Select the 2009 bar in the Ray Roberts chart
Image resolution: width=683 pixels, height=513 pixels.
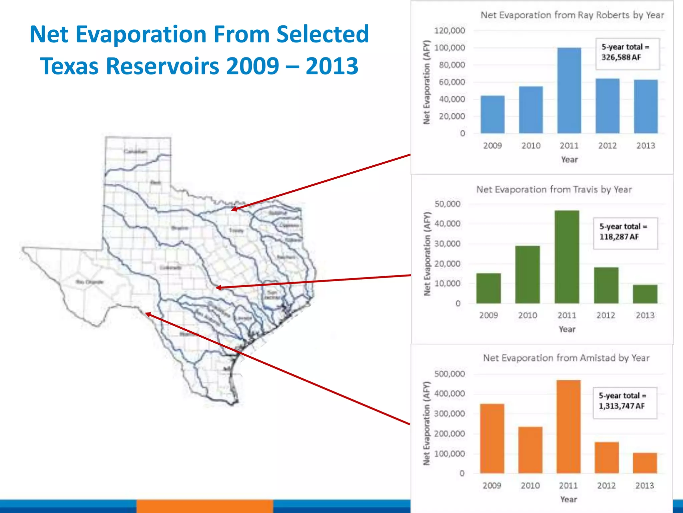coord(492,115)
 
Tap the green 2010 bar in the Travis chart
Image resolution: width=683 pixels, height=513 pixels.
coord(527,275)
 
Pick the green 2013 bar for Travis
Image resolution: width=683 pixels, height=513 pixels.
coord(645,294)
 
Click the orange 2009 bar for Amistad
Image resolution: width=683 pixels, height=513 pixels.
coord(492,438)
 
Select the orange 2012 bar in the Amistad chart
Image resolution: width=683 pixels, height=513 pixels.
coord(606,458)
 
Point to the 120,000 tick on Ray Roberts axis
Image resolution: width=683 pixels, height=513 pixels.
coord(449,31)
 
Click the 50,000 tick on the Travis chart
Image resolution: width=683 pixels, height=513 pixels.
coord(447,204)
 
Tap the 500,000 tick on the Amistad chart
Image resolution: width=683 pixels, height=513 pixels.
coord(449,374)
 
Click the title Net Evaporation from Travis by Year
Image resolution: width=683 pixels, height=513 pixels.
coord(554,189)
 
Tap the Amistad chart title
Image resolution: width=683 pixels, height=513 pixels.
coord(566,358)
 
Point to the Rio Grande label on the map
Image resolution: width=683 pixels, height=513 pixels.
coord(89,282)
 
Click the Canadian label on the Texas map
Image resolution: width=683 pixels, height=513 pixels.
coord(135,151)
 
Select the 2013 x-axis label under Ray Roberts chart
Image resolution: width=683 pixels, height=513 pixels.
coord(645,146)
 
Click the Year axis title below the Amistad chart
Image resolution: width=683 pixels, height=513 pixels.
coord(568,499)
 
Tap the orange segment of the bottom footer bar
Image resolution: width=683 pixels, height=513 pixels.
coord(204,506)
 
